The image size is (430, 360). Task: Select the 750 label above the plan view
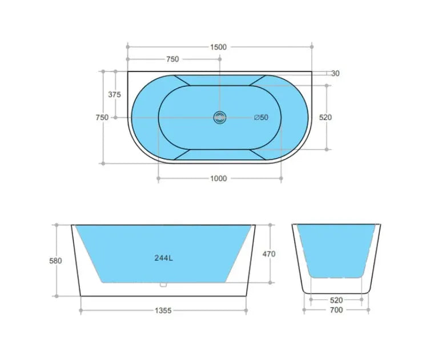coord(172,59)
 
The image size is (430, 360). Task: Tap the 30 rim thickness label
coord(335,73)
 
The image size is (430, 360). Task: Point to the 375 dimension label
coord(114,95)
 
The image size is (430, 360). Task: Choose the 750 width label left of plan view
coord(102,117)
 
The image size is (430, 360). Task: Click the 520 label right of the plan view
coord(325,117)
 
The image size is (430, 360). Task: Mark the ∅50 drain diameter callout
coord(261,117)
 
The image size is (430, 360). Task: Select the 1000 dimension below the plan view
coord(219,178)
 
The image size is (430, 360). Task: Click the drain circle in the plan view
coord(220,117)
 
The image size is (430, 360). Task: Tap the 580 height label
coord(56,261)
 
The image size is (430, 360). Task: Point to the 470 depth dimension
coord(269,254)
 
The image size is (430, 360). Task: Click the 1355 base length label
coord(163,311)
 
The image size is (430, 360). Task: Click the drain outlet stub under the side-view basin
coord(163,284)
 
